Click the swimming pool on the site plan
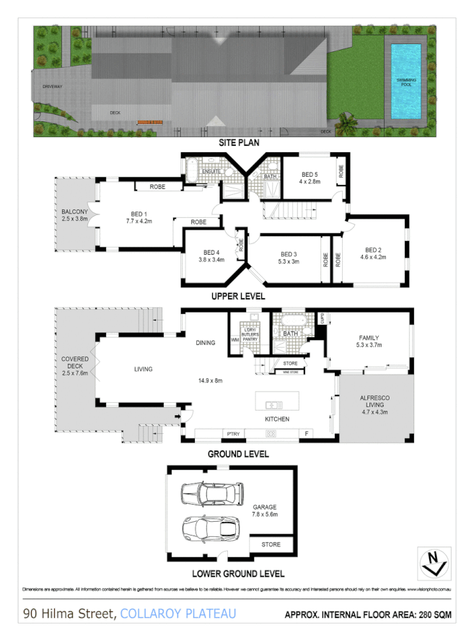(x=406, y=82)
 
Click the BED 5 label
(x=310, y=175)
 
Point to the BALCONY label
(x=74, y=214)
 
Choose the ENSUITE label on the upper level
(x=211, y=172)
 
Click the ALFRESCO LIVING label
(x=374, y=403)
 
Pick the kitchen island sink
(x=274, y=404)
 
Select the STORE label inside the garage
(x=271, y=544)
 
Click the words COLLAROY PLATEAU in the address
(x=177, y=615)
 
